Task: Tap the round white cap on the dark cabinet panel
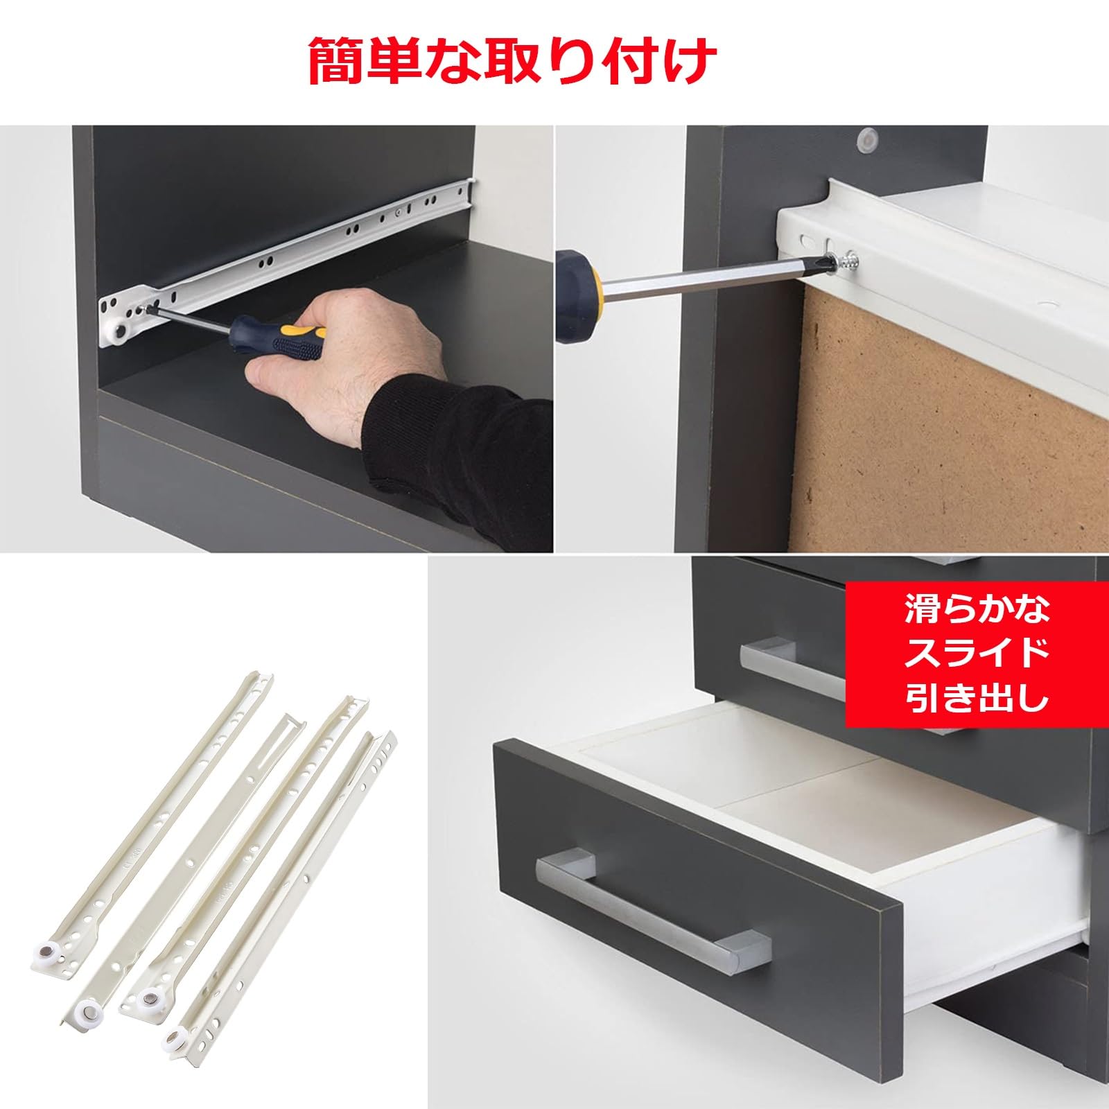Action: point(866,142)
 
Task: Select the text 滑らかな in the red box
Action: point(977,610)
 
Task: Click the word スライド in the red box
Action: point(977,655)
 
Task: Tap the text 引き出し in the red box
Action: point(977,699)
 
